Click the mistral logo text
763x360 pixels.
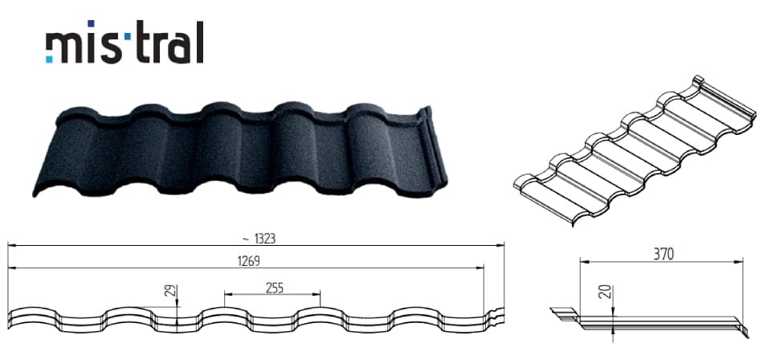pyautogui.click(x=124, y=42)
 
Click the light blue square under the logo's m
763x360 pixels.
pyautogui.click(x=49, y=59)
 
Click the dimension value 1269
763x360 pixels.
pyautogui.click(x=248, y=261)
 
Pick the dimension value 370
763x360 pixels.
pyautogui.click(x=663, y=254)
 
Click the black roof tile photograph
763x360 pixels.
pyautogui.click(x=240, y=150)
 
